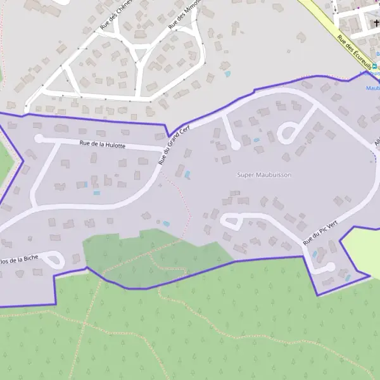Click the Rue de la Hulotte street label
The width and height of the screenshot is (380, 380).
tap(103, 145)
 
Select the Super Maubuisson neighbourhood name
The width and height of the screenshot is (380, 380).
tap(264, 175)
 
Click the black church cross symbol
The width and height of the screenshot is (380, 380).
tap(376, 23)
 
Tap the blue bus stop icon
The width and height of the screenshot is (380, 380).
tap(374, 66)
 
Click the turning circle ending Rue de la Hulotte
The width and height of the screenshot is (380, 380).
tap(39, 138)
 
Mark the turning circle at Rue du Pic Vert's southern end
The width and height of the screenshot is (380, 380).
tap(328, 267)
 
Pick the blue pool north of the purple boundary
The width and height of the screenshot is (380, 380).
tap(227, 74)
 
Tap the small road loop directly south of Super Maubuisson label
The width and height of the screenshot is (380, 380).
tap(231, 222)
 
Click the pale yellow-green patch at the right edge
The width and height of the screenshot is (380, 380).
tap(364, 250)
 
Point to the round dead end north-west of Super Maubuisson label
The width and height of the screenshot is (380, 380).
tap(236, 145)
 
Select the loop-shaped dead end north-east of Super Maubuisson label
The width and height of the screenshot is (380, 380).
tap(287, 134)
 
